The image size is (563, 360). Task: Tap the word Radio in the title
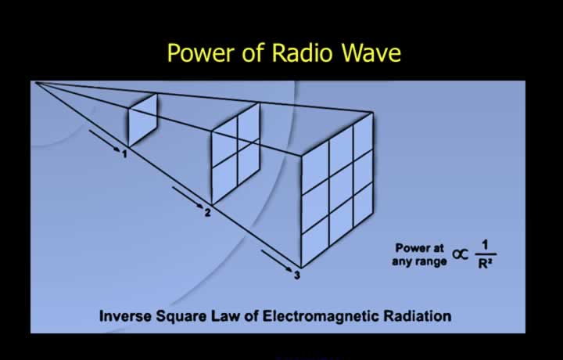click(302, 52)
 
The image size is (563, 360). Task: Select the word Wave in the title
click(371, 52)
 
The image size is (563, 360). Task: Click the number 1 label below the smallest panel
click(124, 154)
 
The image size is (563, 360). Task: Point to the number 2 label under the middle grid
click(207, 213)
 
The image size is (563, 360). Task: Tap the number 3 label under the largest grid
click(297, 275)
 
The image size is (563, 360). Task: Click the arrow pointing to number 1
click(104, 141)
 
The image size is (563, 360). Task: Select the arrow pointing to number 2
click(188, 197)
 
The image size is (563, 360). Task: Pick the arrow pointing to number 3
click(277, 261)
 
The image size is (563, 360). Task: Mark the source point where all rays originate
click(34, 82)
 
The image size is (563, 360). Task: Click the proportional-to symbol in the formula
click(461, 254)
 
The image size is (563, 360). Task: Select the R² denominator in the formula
click(485, 264)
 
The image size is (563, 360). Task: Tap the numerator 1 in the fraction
click(486, 246)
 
